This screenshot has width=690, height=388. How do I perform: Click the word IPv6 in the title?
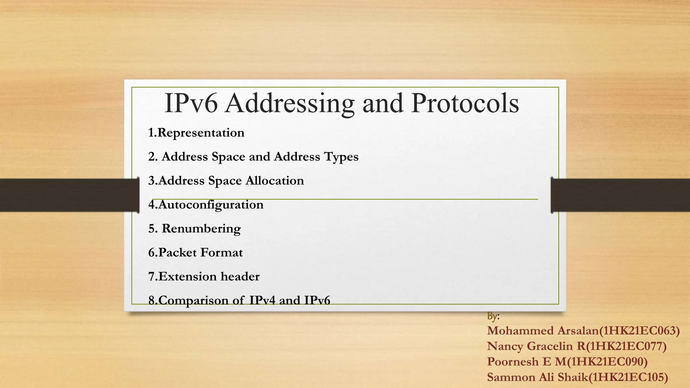(x=191, y=103)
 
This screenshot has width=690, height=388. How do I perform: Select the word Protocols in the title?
(x=465, y=103)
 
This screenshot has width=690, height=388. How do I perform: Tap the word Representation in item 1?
(x=201, y=133)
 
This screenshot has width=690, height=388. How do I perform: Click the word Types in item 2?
(x=341, y=157)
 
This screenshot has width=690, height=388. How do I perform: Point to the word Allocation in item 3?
(x=275, y=181)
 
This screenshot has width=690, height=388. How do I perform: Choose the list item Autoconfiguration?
(x=206, y=205)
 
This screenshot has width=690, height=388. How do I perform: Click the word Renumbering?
(x=201, y=229)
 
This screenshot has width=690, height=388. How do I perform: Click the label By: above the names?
(x=493, y=316)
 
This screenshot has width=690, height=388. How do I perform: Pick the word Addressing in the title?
(x=290, y=103)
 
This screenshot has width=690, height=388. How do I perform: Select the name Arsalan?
(x=578, y=331)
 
